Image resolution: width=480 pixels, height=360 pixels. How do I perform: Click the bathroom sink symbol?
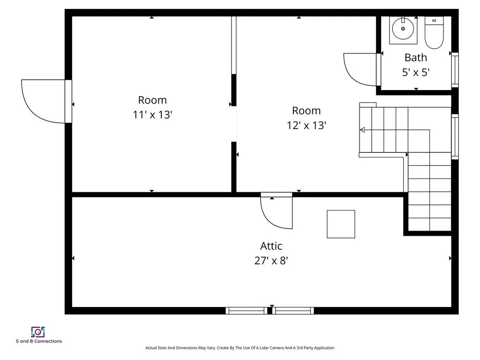[402, 29]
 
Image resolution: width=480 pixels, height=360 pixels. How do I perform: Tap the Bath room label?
[416, 58]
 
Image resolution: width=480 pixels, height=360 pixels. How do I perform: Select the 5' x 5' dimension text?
[416, 72]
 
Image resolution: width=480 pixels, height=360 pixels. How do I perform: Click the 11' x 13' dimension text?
[153, 114]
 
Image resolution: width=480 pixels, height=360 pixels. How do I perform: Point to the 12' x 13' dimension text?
[307, 125]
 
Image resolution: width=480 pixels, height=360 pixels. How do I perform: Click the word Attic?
[271, 246]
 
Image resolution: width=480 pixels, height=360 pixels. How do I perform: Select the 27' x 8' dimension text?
[271, 261]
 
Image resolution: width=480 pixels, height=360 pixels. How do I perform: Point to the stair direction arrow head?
[362, 130]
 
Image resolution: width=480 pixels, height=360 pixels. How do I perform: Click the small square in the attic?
[341, 224]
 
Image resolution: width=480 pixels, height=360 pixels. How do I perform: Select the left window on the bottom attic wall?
[246, 310]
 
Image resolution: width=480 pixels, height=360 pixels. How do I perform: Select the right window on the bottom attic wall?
[294, 310]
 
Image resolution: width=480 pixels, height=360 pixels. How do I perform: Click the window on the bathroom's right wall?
[455, 70]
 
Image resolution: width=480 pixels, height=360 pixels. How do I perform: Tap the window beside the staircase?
[455, 137]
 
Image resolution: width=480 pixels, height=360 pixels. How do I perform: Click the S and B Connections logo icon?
[38, 332]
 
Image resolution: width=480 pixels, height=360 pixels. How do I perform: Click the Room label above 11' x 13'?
[152, 100]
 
